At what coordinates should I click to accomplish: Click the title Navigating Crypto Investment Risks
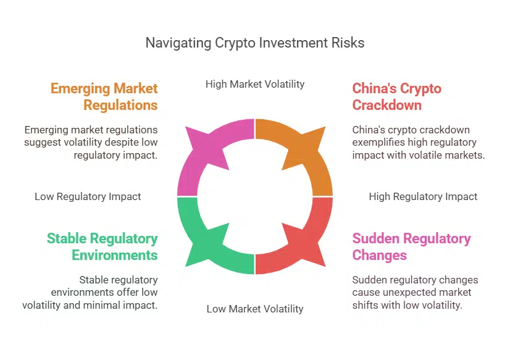[x=254, y=43]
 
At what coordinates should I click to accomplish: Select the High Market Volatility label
[x=255, y=83]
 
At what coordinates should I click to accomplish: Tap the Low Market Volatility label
[x=255, y=308]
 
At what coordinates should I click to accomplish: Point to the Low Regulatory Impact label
[x=88, y=196]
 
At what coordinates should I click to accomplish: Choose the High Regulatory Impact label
[x=423, y=196]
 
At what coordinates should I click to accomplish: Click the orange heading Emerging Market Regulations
[x=104, y=96]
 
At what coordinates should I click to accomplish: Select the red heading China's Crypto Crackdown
[x=396, y=96]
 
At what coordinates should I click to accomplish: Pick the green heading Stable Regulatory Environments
[x=102, y=246]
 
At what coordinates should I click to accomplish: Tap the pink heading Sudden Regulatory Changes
[x=411, y=246]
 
